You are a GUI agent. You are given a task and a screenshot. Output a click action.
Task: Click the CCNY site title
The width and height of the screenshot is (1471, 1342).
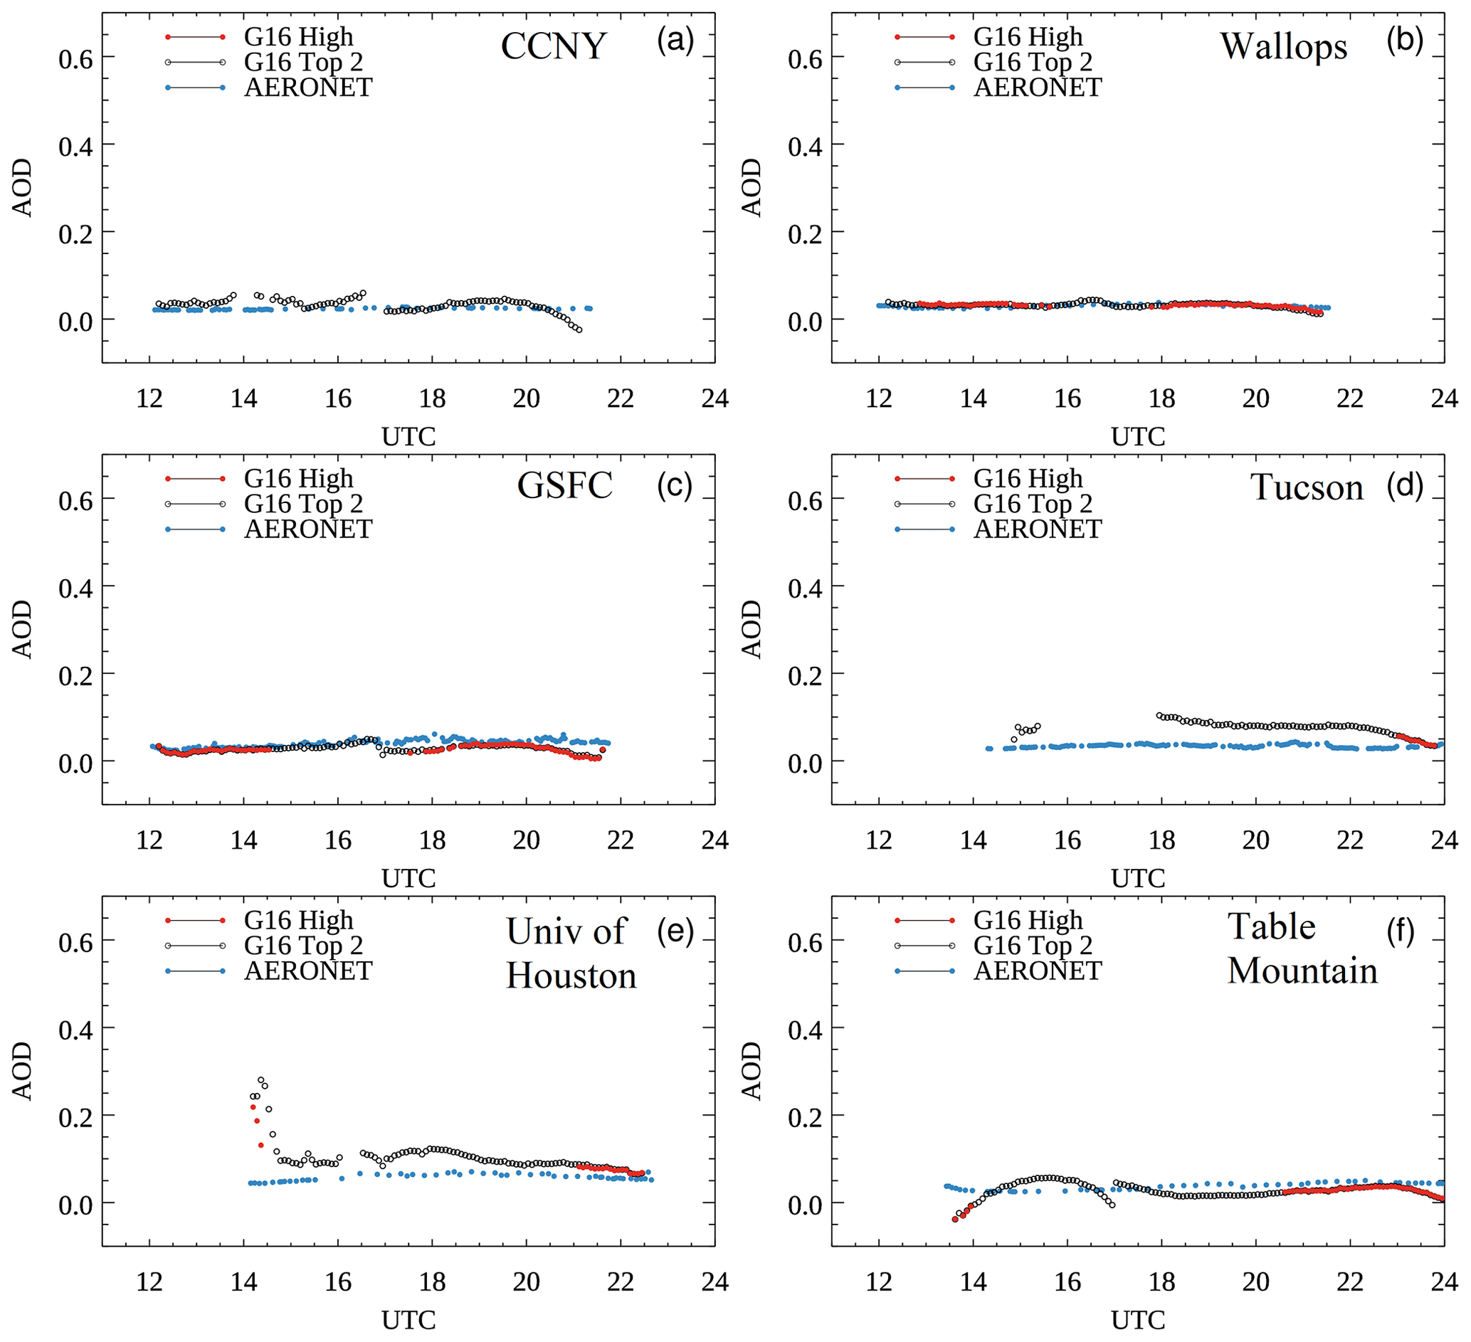(553, 47)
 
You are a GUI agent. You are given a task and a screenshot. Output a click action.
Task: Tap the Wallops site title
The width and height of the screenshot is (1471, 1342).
(1283, 47)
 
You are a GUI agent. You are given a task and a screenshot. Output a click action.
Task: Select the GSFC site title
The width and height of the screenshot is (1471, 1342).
(564, 486)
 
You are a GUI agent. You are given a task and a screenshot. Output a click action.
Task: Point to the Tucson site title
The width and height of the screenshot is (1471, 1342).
(1307, 487)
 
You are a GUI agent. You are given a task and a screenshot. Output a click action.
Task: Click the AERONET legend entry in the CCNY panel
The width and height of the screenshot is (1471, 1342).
(308, 88)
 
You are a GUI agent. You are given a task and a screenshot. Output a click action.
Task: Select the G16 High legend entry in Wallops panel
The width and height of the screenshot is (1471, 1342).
(1028, 37)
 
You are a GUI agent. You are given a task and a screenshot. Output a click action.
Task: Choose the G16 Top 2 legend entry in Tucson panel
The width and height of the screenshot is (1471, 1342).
(1033, 504)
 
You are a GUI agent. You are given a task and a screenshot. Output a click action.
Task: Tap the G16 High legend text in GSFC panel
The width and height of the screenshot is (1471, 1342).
(298, 479)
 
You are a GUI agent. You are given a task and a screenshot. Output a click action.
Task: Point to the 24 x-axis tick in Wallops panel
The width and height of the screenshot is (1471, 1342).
(1444, 398)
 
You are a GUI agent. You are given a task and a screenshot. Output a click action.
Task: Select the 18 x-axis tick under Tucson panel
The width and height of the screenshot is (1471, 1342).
(1161, 840)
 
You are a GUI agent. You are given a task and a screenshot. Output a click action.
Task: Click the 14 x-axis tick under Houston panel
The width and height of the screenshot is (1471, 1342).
(243, 1282)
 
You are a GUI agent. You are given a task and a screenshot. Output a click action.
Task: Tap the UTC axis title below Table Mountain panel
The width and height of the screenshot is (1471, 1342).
(1137, 1320)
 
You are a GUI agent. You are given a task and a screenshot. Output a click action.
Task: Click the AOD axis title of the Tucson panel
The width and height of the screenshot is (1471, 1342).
(752, 629)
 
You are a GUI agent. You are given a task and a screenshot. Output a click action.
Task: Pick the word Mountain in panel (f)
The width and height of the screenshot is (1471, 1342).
(1302, 971)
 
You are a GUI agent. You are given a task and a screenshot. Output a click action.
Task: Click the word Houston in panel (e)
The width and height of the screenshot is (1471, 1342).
(571, 976)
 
